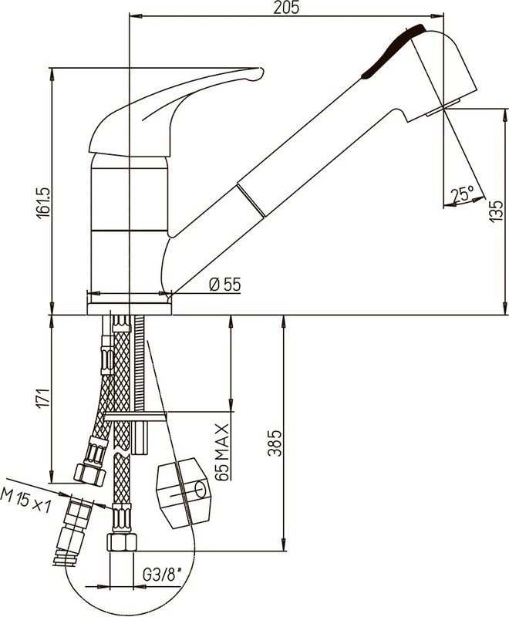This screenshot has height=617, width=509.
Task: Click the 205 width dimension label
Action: coord(286,8)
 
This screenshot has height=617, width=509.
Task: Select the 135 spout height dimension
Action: coord(496,211)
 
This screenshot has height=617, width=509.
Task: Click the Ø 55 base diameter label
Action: coord(225,284)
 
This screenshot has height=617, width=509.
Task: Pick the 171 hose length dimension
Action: coord(43,397)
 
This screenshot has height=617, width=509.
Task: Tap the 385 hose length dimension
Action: coord(275,443)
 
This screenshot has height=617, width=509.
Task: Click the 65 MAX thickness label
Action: coord(222,452)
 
